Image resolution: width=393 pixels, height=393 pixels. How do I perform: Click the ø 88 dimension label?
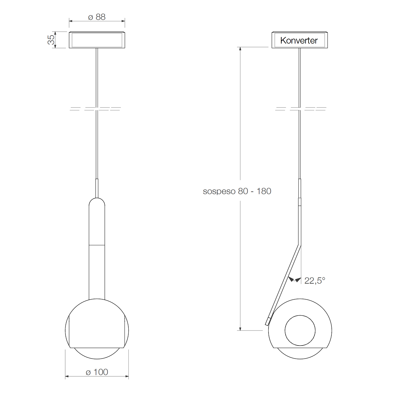97,17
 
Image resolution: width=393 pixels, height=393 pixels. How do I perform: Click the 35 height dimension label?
51,40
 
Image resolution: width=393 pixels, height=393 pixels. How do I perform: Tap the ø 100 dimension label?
97,372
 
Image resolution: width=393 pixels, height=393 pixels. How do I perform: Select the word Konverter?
299,41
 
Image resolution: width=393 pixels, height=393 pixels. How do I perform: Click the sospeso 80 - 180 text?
237,191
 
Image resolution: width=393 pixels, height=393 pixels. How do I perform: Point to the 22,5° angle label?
315,281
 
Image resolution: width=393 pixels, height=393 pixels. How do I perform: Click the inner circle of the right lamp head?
300,330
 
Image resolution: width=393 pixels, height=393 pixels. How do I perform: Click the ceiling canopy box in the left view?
97,40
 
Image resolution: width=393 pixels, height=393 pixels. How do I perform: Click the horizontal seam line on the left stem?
97,245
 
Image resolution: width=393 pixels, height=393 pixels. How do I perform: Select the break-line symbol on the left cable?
96,109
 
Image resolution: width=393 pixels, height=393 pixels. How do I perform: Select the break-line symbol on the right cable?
301,109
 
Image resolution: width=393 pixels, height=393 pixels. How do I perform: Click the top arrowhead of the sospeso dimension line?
240,49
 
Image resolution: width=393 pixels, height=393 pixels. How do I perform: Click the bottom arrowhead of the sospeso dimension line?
240,328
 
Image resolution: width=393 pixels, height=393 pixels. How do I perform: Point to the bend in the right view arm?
300,244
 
